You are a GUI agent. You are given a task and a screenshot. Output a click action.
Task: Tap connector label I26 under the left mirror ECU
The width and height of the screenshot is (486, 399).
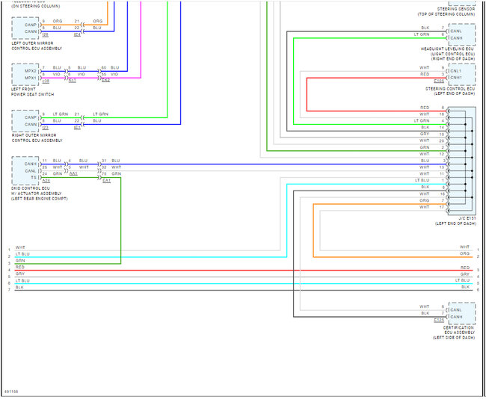(x=46, y=34)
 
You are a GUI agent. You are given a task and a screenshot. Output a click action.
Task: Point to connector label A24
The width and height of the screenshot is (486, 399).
(x=46, y=180)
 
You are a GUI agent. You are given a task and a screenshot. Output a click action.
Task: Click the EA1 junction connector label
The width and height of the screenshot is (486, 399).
(x=107, y=180)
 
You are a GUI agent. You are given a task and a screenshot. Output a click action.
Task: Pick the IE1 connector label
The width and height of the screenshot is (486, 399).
(x=77, y=127)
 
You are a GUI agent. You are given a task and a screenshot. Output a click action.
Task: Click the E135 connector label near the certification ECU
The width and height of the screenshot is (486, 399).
(x=439, y=320)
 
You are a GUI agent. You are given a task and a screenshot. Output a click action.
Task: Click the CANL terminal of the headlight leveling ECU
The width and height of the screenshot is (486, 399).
(x=456, y=31)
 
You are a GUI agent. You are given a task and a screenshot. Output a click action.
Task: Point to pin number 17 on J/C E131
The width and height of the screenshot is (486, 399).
(x=443, y=207)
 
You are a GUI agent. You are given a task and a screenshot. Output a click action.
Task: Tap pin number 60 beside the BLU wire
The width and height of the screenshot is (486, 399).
(x=104, y=68)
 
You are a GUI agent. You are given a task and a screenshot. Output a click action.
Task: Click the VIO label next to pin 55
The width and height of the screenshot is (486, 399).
(x=114, y=75)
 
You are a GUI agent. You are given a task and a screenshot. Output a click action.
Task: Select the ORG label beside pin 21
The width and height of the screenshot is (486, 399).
(x=98, y=21)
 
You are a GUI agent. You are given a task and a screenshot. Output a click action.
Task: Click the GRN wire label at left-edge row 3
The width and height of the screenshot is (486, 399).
(x=19, y=261)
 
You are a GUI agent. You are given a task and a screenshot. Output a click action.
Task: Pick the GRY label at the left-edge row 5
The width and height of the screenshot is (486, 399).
(x=19, y=274)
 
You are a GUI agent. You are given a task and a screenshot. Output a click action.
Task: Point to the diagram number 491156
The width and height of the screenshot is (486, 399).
(x=11, y=392)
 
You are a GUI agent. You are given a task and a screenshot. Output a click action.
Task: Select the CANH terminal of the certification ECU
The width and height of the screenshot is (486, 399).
(x=457, y=316)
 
